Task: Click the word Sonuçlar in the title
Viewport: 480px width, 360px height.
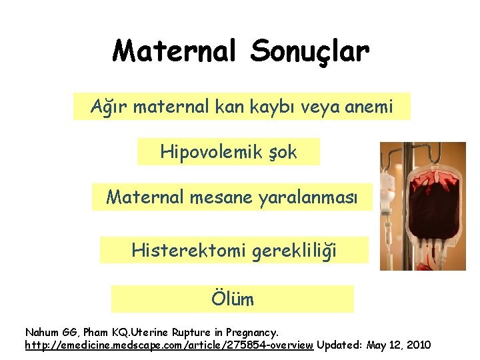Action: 308,51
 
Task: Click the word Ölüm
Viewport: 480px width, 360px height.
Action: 233,299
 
